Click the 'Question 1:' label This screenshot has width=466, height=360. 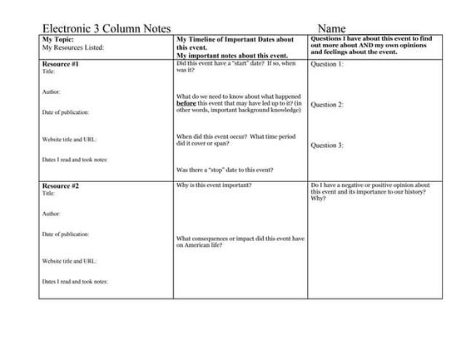327,64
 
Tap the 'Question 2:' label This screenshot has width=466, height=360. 327,105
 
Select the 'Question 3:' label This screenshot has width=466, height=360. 327,145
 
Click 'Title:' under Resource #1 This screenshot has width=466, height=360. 49,72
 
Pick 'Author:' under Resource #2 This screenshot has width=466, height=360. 52,214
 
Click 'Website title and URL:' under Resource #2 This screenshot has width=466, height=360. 70,261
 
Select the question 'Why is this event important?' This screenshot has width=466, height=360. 215,185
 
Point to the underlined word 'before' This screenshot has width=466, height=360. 186,103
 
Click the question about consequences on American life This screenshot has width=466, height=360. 240,242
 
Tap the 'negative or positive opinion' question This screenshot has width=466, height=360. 374,191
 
